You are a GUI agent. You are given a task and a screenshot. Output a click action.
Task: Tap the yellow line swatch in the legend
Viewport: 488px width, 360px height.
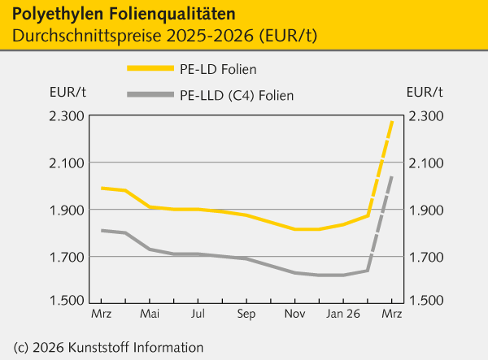[x=150, y=69]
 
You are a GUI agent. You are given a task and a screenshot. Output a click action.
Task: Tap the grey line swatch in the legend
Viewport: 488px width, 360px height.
[x=150, y=95]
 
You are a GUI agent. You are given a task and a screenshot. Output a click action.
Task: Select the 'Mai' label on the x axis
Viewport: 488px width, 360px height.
[x=150, y=312]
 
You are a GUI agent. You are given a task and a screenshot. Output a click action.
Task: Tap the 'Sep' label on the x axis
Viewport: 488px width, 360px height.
[x=246, y=312]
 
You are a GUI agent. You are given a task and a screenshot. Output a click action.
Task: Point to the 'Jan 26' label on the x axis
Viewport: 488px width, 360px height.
[x=342, y=312]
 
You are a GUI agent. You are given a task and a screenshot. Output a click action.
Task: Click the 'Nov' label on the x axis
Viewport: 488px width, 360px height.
[x=295, y=312]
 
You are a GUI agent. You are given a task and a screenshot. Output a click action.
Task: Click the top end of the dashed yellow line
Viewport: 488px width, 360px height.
[x=392, y=120]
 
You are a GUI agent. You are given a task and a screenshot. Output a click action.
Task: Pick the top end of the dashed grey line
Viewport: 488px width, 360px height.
[x=392, y=176]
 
